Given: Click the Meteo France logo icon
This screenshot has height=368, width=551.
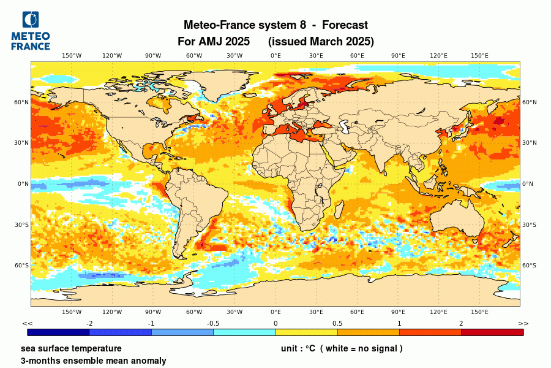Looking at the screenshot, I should pos(29,20).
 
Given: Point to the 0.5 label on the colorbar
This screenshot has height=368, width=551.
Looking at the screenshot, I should pos(337,323).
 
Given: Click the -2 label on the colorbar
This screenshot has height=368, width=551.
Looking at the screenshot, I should pos(89,323).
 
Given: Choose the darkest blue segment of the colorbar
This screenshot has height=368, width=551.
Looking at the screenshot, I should pos(59,332).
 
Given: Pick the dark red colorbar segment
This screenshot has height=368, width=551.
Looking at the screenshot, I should pos(492,332).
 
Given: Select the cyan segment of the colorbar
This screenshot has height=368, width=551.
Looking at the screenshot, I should pos(244,332).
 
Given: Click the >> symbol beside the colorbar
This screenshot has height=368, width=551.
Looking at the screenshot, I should pos(523,323).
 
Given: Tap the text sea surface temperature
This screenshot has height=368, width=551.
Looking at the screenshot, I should pos(71,348).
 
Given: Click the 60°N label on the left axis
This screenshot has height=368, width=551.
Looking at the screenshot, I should pos(22,102).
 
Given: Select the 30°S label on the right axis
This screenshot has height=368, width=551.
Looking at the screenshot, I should pos(529,224).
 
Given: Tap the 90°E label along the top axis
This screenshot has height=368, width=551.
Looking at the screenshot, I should pos(398,56).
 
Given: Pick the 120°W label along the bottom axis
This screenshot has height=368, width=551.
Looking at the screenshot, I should pos(112,312).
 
